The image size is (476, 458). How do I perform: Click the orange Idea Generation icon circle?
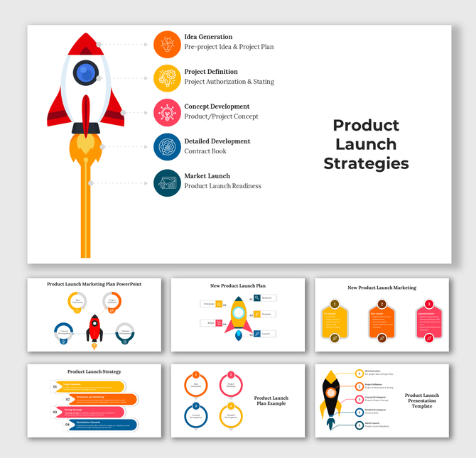167,44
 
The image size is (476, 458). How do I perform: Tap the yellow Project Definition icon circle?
167,78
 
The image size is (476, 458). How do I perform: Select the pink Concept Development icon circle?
167,112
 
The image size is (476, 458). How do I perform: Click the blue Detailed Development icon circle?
167,147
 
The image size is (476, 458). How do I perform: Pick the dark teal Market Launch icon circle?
167,182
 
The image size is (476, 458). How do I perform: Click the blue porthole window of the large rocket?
86,72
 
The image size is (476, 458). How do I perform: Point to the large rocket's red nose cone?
85,43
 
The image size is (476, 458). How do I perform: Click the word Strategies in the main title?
366,163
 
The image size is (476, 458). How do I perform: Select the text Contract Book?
205,151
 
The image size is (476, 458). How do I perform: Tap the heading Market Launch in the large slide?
207,175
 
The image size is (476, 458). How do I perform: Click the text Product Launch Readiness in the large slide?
222,186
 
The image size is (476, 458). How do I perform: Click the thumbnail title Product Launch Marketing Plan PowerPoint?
94,284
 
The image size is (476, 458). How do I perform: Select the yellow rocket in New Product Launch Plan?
239,317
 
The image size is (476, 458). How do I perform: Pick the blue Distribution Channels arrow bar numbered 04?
97,425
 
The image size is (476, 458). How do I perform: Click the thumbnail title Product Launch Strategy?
94,371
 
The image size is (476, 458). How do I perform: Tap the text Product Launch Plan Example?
271,402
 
